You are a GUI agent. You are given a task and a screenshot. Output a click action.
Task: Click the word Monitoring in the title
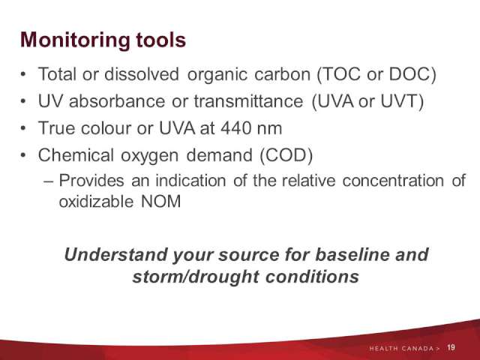75,40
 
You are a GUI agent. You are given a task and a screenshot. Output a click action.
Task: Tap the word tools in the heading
161,40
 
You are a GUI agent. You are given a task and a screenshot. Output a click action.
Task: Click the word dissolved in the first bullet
142,74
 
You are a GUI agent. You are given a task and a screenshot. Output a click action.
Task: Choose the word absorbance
117,101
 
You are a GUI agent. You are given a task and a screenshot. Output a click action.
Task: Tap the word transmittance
248,101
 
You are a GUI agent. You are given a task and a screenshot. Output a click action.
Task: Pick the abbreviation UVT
399,101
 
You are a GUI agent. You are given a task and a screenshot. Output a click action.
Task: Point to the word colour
106,128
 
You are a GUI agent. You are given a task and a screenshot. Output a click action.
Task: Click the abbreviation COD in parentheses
286,155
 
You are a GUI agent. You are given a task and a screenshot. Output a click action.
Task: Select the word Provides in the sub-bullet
91,180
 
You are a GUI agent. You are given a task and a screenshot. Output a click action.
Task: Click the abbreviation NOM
161,202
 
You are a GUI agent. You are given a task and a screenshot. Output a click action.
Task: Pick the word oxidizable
96,202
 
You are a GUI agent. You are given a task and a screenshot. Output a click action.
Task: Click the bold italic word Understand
116,255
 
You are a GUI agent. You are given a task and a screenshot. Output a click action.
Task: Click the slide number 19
451,348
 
